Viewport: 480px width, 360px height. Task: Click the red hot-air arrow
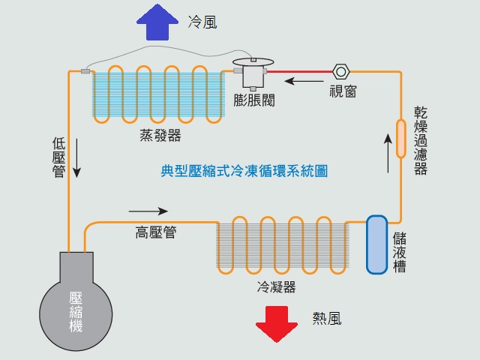click(x=277, y=323)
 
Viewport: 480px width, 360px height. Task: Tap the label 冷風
click(x=202, y=22)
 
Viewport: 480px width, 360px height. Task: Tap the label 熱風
click(x=327, y=319)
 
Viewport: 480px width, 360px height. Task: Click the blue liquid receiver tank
click(x=376, y=244)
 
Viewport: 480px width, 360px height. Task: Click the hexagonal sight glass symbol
click(x=341, y=72)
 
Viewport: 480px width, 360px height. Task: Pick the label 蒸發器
click(x=160, y=136)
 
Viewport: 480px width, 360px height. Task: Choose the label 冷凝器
click(x=276, y=287)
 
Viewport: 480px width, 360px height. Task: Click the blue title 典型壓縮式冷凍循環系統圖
click(x=244, y=171)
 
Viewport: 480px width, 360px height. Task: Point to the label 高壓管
click(x=156, y=232)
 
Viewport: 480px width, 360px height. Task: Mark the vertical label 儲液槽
click(x=400, y=252)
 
